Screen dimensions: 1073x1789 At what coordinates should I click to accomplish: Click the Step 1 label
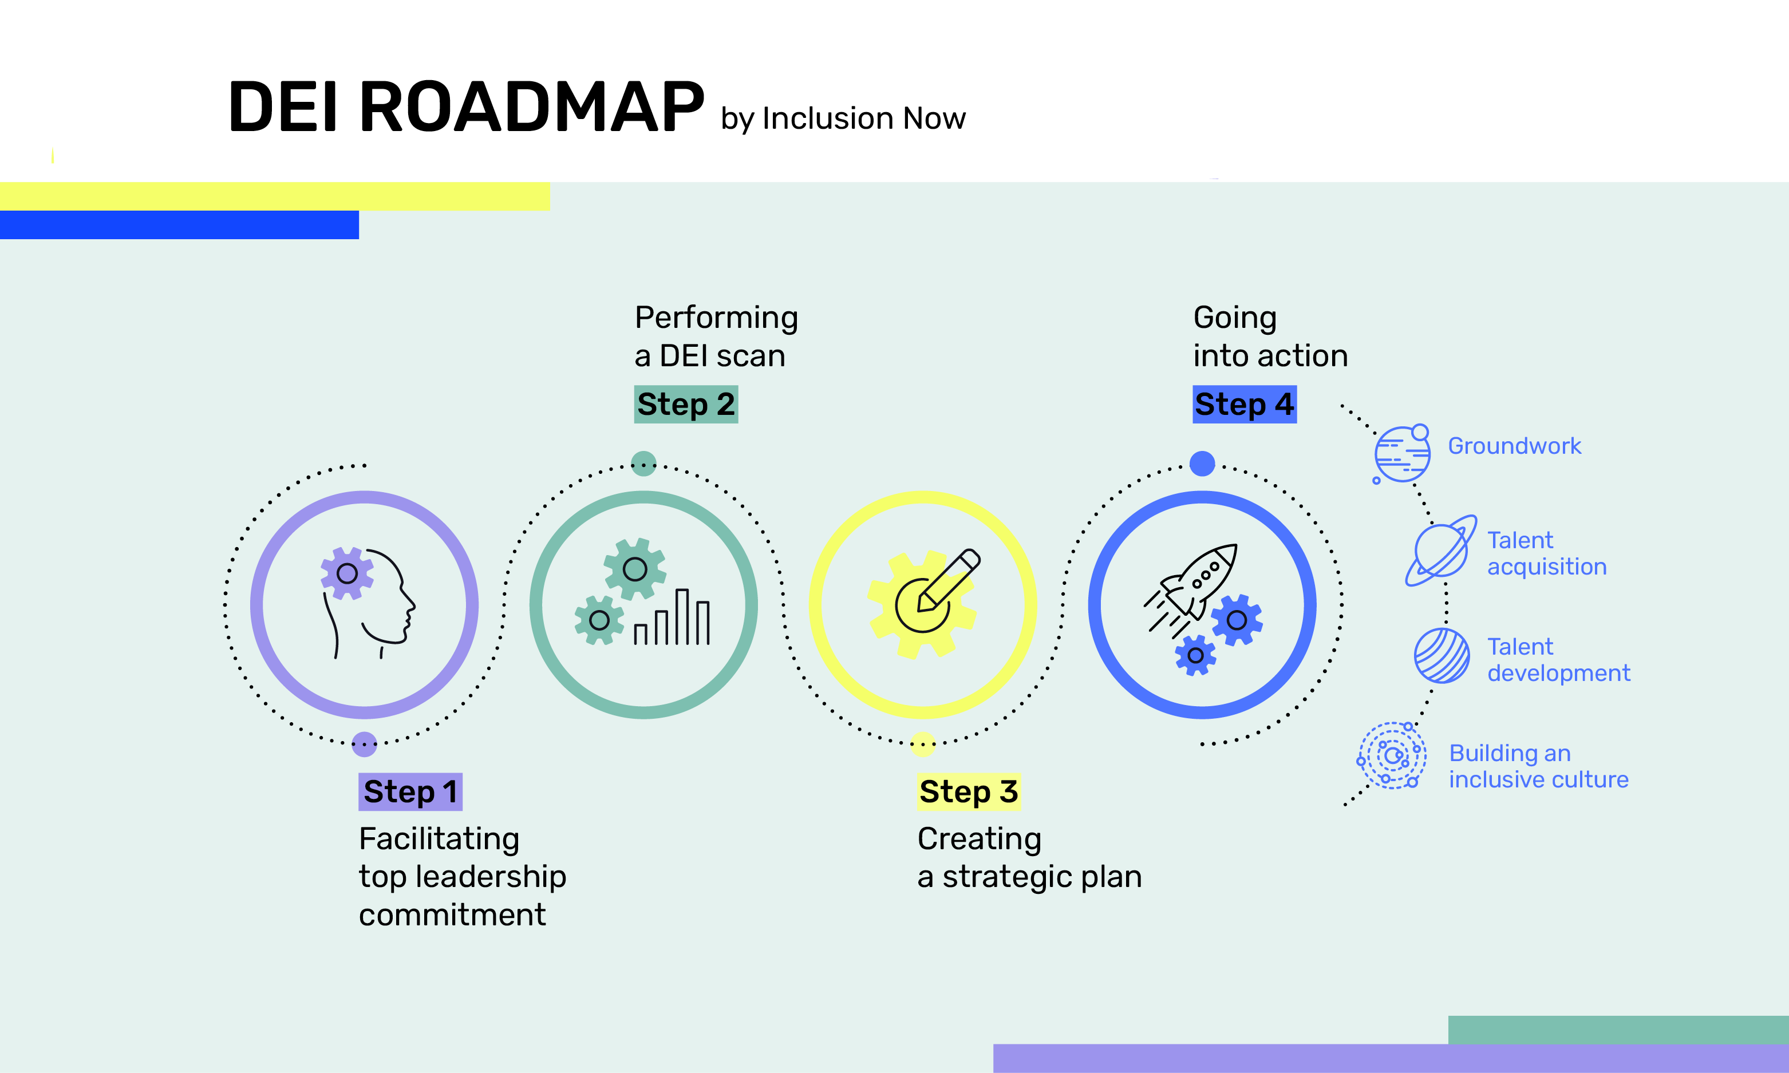coord(410,792)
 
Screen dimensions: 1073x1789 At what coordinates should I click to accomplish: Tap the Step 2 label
coord(685,404)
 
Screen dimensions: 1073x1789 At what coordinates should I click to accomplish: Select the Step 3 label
coord(968,792)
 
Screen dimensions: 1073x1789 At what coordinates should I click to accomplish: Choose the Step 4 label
coord(1244,404)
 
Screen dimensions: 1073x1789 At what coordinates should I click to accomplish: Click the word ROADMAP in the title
coord(531,107)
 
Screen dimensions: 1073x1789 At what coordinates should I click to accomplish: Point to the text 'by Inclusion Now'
coord(843,118)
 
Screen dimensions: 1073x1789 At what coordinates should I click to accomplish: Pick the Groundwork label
coord(1514,446)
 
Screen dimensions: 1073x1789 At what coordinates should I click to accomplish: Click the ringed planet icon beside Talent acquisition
coord(1440,551)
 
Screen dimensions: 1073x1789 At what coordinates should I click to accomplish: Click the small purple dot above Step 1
coord(365,744)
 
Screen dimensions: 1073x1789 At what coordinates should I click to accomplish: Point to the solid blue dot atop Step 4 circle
coord(1202,464)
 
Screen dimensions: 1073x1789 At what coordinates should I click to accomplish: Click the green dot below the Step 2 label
coord(643,464)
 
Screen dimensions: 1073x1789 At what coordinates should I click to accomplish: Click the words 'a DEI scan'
coord(709,357)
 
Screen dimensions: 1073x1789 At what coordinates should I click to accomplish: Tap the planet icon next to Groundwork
coord(1402,454)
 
